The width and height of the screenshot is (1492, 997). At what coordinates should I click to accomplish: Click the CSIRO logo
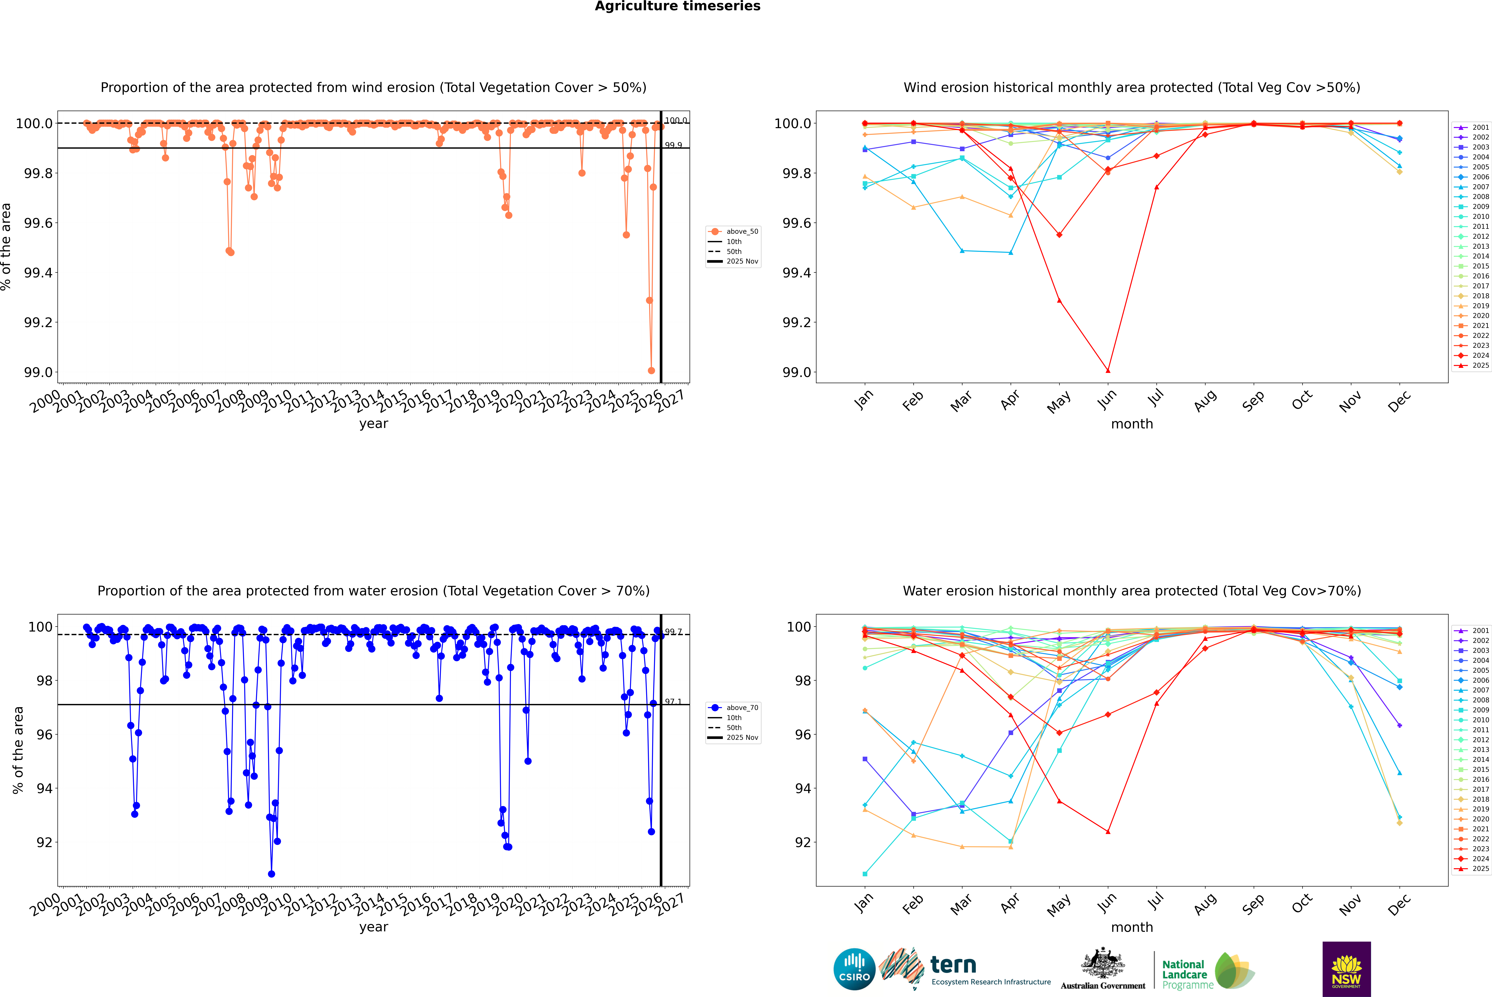[854, 969]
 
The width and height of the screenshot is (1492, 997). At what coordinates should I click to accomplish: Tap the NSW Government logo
[1346, 969]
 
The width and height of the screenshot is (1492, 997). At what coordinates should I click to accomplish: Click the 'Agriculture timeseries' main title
[677, 6]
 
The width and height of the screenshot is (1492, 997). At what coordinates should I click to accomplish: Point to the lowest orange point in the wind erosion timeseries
[651, 371]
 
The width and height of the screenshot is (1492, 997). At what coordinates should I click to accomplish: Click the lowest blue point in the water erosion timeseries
[272, 874]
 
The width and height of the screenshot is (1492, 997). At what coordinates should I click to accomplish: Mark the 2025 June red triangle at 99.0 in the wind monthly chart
[1108, 371]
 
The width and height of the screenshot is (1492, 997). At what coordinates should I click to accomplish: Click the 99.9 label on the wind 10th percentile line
[673, 146]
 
